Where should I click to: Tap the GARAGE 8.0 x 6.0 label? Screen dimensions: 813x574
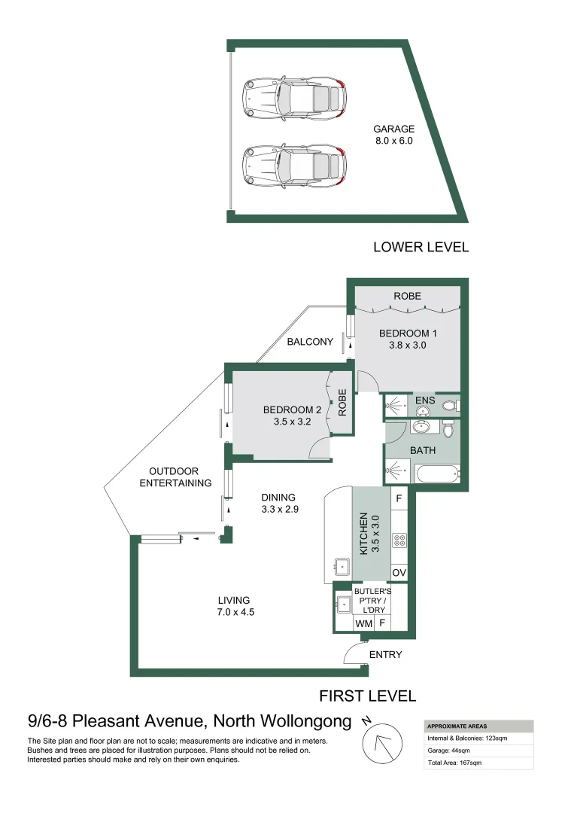393,135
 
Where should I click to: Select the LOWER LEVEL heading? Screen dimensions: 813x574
421,247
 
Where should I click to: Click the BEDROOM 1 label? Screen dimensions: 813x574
408,340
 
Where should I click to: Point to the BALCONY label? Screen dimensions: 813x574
310,342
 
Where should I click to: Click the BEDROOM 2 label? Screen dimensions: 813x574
292,416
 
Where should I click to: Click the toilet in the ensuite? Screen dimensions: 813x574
449,406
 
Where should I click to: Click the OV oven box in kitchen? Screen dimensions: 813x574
399,574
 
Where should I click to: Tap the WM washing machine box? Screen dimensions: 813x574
363,623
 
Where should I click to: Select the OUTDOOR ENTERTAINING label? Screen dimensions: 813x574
175,477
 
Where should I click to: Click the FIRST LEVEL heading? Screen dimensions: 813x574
368,696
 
